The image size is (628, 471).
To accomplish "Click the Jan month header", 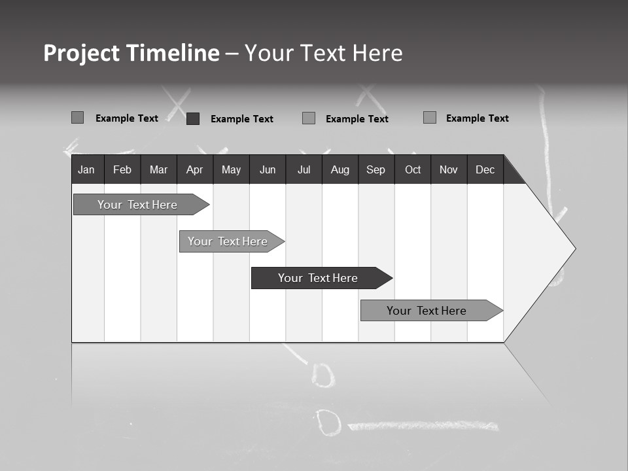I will pyautogui.click(x=86, y=170).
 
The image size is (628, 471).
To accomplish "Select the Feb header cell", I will pyautogui.click(x=122, y=170).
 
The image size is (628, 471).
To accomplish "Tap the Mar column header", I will pyautogui.click(x=158, y=170).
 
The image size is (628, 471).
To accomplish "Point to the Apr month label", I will pyautogui.click(x=194, y=170).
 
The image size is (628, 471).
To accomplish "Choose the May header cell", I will pyautogui.click(x=231, y=170).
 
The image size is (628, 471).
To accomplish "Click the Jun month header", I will pyautogui.click(x=268, y=170).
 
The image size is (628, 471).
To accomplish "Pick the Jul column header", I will pyautogui.click(x=304, y=170).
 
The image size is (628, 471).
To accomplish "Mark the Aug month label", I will pyautogui.click(x=340, y=170).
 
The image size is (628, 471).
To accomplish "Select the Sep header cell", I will pyautogui.click(x=375, y=170).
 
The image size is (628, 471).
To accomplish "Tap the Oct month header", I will pyautogui.click(x=413, y=170).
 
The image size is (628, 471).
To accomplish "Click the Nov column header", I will pyautogui.click(x=449, y=170).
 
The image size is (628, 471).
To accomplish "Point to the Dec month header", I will pyautogui.click(x=485, y=170).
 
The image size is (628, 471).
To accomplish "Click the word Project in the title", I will pyautogui.click(x=82, y=53).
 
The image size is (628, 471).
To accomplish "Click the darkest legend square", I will pyautogui.click(x=193, y=118).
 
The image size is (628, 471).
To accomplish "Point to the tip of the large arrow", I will pyautogui.click(x=574, y=249).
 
